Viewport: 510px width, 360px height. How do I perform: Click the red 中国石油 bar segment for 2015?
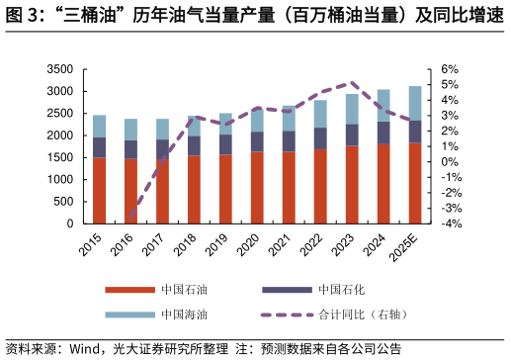pyautogui.click(x=99, y=191)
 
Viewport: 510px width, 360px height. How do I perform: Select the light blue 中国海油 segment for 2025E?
pyautogui.click(x=415, y=103)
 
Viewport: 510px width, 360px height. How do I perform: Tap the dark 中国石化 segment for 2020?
pyautogui.click(x=257, y=141)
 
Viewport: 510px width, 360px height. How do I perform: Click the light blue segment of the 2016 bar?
pyautogui.click(x=130, y=130)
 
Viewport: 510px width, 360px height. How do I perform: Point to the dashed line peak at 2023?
pyautogui.click(x=350, y=84)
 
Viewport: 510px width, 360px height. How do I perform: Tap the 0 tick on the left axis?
pyautogui.click(x=69, y=225)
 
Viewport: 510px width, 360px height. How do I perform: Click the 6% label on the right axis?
pyautogui.click(x=450, y=70)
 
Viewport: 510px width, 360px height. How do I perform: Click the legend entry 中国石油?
pyautogui.click(x=184, y=290)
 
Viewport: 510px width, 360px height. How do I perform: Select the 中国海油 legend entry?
pyautogui.click(x=184, y=315)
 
